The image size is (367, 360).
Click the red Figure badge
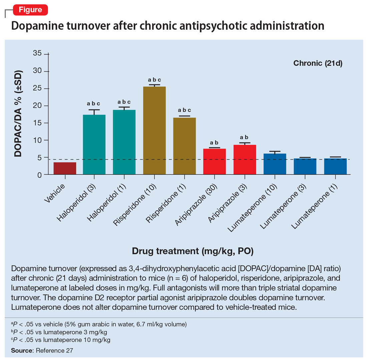(30, 10)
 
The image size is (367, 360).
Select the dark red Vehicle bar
(65, 168)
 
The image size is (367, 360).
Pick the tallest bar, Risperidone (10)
(154, 130)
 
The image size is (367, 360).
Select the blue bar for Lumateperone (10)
(275, 164)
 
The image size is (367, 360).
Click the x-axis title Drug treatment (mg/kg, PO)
(199, 251)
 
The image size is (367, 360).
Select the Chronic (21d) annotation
(318, 63)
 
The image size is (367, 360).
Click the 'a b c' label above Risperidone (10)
(154, 80)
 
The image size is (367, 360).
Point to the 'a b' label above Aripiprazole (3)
(245, 137)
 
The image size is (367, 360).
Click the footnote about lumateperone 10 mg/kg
(60, 340)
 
